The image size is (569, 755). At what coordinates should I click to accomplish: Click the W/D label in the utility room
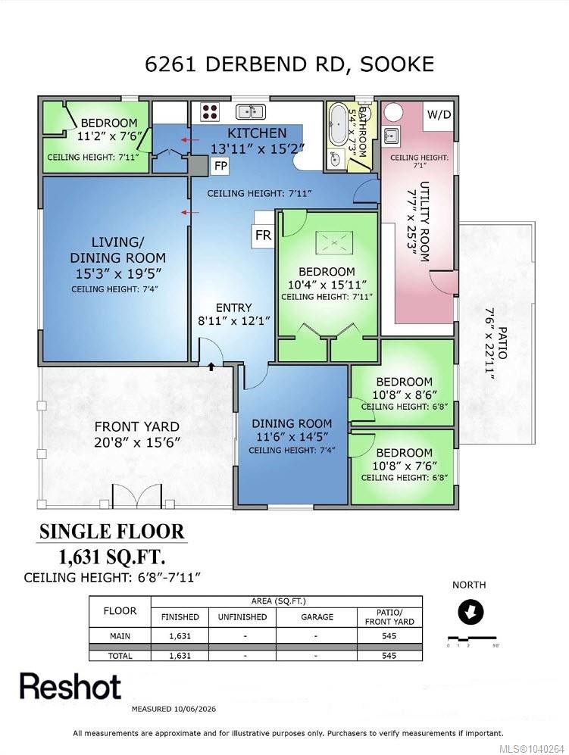[x=439, y=114]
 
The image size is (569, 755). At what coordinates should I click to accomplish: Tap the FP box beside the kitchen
[x=220, y=166]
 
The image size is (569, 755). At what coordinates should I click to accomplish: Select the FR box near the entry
[x=263, y=235]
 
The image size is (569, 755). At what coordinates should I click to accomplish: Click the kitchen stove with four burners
[x=210, y=112]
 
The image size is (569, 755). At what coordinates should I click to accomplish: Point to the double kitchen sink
[x=250, y=112]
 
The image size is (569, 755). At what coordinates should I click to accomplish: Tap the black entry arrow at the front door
[x=211, y=367]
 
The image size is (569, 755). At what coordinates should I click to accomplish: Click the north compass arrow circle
[x=470, y=612]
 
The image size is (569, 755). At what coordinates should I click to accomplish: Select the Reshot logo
[x=70, y=686]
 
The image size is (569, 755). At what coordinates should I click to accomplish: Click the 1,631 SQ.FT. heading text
[x=112, y=557]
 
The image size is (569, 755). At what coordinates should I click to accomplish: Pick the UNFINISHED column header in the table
[x=242, y=617]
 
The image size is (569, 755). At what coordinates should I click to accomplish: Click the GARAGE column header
[x=317, y=617]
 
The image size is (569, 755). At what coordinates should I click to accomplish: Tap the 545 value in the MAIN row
[x=389, y=635]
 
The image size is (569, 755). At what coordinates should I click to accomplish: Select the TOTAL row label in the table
[x=120, y=655]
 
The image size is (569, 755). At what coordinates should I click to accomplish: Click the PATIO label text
[x=502, y=343]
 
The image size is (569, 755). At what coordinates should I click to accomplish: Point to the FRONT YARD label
[x=137, y=426]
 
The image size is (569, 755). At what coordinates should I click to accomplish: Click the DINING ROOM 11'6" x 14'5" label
[x=292, y=430]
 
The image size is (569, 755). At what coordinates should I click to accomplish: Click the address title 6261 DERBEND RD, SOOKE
[x=289, y=64]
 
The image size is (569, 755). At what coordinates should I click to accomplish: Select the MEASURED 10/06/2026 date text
[x=174, y=709]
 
